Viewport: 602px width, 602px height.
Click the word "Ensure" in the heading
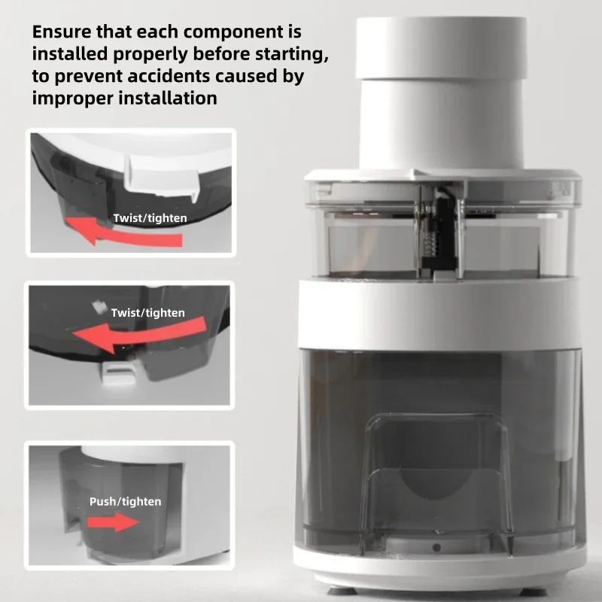pyautogui.click(x=62, y=32)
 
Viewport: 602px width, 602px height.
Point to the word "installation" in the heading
pyautogui.click(x=168, y=98)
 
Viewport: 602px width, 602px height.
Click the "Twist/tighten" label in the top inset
pyautogui.click(x=150, y=218)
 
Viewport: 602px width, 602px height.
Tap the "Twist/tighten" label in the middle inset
pyautogui.click(x=147, y=313)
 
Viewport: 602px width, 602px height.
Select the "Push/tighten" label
pyautogui.click(x=125, y=502)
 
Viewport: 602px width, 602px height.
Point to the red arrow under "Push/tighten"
pyautogui.click(x=114, y=522)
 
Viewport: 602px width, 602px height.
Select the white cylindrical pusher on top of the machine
pyautogui.click(x=441, y=93)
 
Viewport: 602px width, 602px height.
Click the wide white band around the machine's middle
pyautogui.click(x=440, y=313)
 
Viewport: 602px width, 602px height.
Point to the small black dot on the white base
pyautogui.click(x=436, y=548)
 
